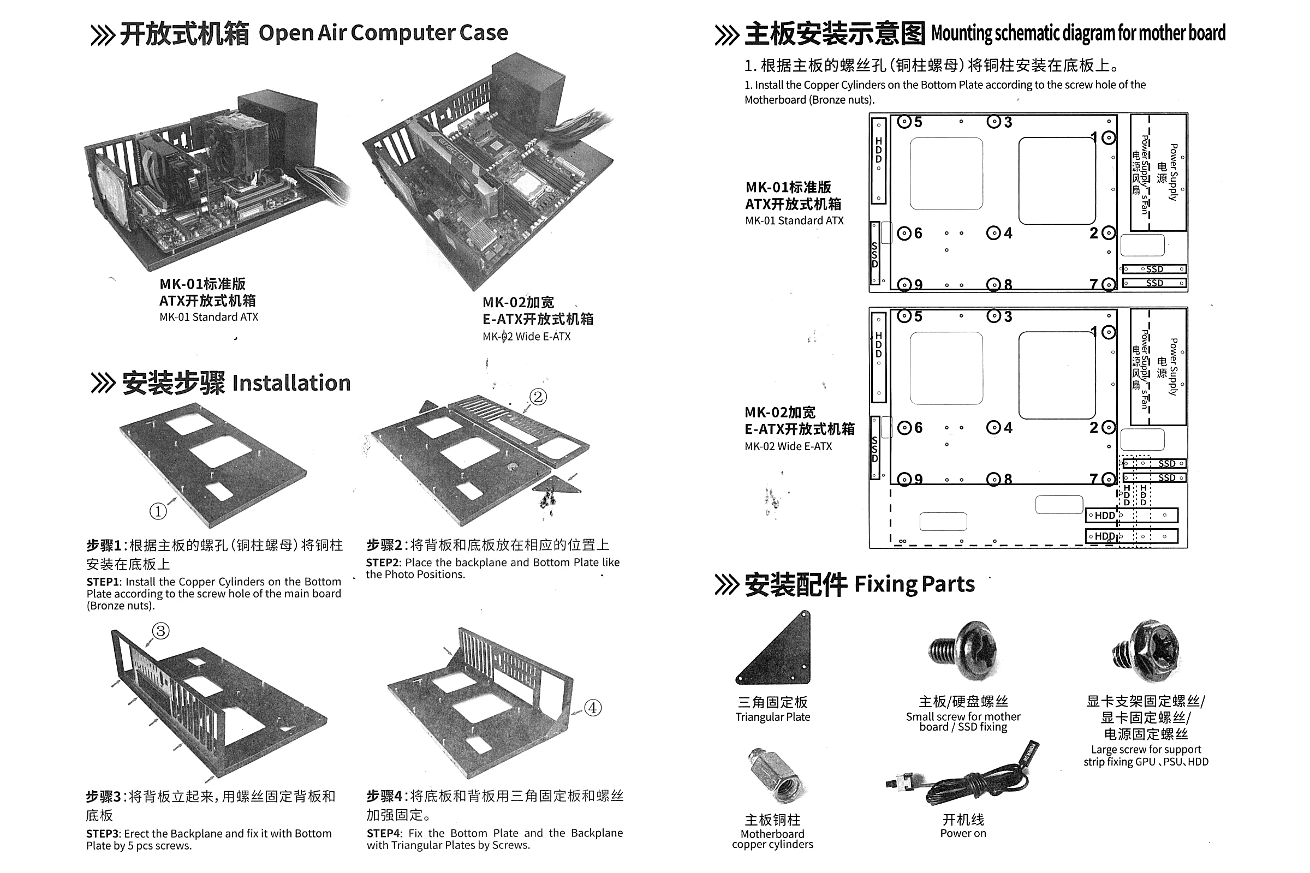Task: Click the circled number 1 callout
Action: coord(158,511)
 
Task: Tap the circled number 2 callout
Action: coord(538,397)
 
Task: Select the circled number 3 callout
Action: coord(160,631)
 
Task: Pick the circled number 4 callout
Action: coord(593,708)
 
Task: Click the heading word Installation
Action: coord(291,383)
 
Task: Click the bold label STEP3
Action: coord(103,834)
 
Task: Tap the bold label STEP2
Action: coord(383,563)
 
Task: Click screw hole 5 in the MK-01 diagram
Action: coord(904,121)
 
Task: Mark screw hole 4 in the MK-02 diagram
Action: coord(993,428)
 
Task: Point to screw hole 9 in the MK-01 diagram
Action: coord(904,284)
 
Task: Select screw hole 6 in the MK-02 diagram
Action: coord(904,428)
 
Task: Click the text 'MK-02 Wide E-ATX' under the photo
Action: coord(526,336)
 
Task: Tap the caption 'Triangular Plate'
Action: coord(772,717)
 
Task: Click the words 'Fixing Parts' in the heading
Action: coord(915,584)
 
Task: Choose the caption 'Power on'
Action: coord(963,834)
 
